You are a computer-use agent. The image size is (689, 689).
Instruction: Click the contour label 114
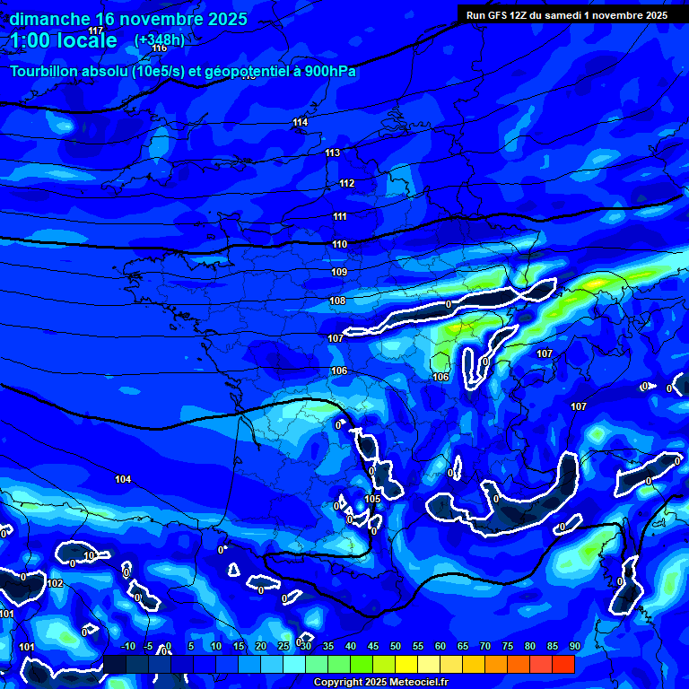point(300,122)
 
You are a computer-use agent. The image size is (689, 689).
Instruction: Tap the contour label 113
point(333,153)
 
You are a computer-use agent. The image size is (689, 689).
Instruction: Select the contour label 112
point(347,183)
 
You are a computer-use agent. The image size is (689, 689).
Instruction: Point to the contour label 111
point(340,216)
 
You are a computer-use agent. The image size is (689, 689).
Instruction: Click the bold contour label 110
point(340,244)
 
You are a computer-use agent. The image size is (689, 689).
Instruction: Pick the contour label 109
point(339,272)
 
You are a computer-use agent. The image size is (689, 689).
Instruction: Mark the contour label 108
point(337,301)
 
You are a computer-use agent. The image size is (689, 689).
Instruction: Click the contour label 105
point(373,499)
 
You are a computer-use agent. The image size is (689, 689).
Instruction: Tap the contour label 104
point(123,479)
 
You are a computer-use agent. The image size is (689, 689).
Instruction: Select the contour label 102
point(56,583)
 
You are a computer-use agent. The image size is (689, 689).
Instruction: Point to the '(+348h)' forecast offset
point(160,39)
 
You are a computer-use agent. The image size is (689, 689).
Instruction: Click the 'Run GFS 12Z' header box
point(567,14)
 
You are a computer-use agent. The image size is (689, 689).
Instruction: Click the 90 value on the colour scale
point(574,646)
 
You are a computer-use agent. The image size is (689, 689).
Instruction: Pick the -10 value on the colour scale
point(127,646)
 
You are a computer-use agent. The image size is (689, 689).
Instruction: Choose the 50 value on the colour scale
point(395,646)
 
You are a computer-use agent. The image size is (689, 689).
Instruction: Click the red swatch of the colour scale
point(563,664)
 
